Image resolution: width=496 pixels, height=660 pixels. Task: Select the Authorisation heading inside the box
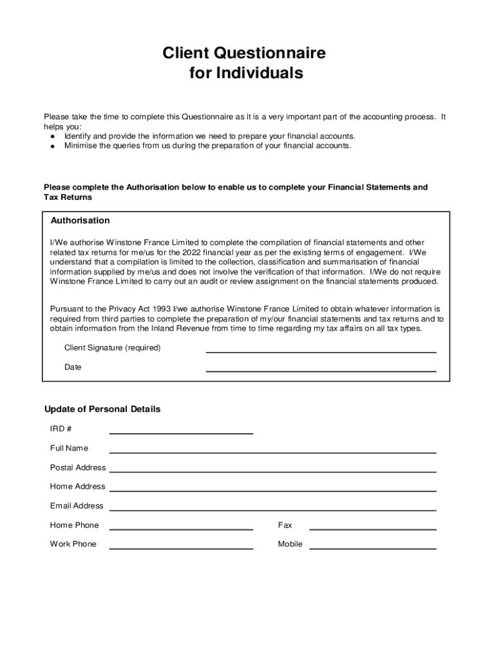81,220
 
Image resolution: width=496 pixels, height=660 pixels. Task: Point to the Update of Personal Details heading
102,409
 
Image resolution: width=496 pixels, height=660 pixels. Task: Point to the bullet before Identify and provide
52,137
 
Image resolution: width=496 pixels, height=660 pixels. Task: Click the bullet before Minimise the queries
52,146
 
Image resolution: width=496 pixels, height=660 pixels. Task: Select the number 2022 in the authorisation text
193,252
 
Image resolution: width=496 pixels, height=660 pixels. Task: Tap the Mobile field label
290,544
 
